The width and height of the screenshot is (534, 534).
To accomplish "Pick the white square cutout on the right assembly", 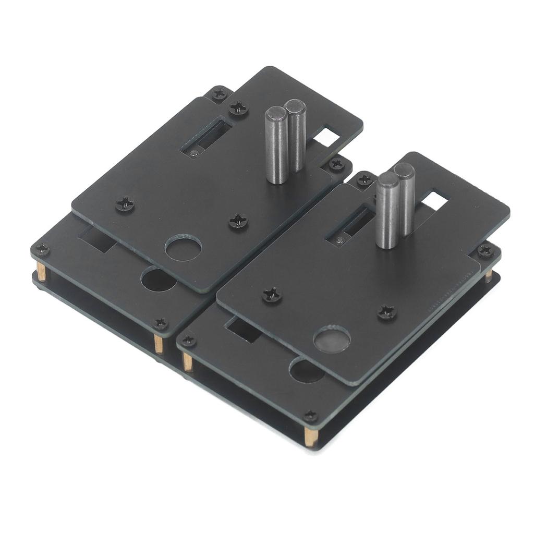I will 435,201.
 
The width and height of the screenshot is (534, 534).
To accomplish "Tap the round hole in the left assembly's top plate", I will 183,248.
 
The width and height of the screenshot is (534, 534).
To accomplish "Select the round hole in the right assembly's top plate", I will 332,338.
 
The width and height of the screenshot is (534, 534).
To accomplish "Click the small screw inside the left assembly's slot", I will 194,153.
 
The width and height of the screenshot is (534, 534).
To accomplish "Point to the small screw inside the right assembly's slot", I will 340,240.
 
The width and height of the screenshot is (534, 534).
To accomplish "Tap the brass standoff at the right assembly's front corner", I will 310,435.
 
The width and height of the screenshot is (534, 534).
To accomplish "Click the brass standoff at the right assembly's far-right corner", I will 489,275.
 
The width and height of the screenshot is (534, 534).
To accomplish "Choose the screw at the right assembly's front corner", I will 310,416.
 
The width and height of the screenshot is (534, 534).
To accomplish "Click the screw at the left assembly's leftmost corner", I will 42,250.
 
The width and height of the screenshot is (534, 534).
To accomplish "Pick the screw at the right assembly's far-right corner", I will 485,251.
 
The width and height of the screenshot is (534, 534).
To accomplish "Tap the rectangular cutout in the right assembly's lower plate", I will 243,331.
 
